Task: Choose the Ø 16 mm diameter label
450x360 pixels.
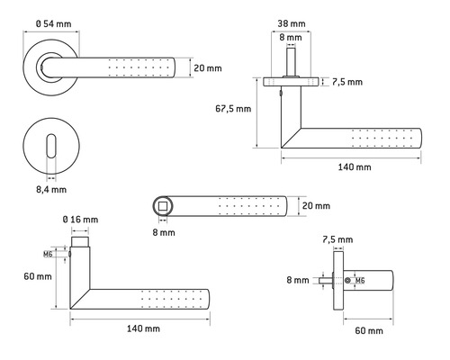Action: point(80,218)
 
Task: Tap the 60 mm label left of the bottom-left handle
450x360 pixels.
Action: point(38,275)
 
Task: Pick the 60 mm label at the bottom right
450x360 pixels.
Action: point(368,332)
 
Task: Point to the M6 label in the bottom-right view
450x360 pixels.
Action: point(358,282)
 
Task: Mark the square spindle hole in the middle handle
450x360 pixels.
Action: point(162,206)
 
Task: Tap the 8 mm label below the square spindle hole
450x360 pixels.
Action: point(163,232)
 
